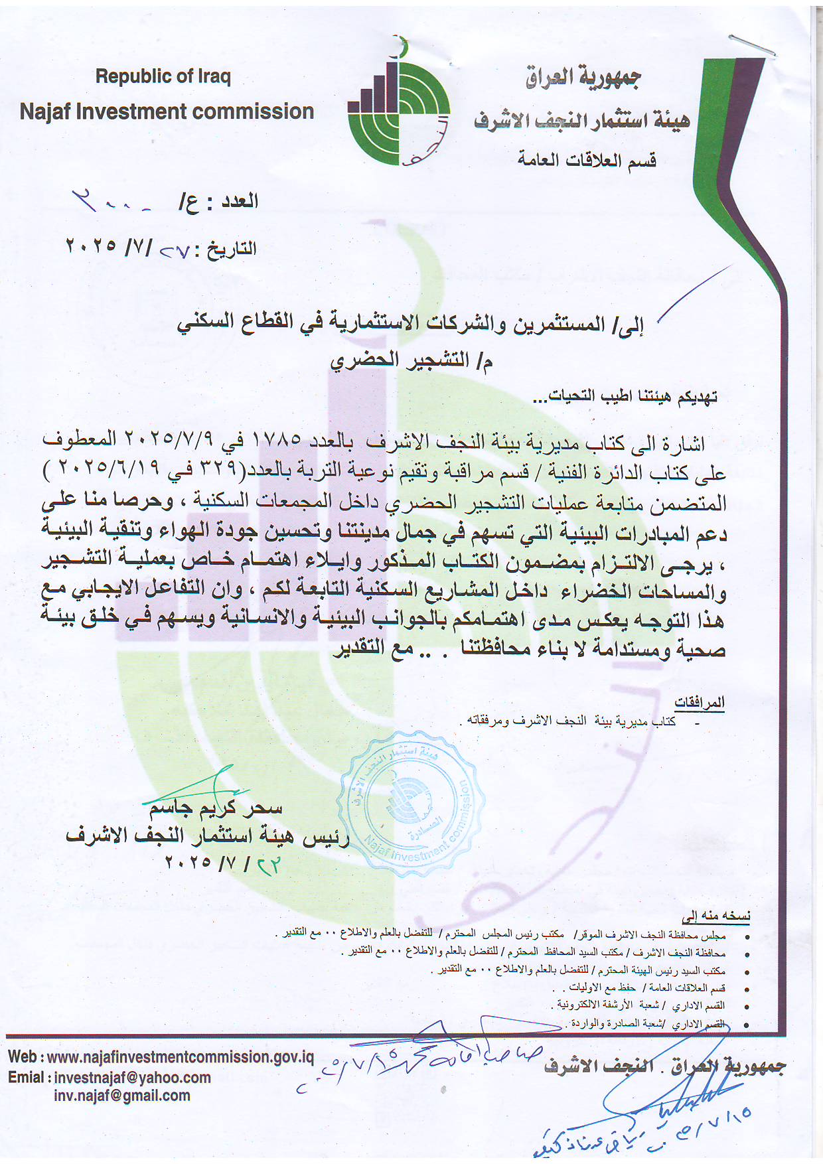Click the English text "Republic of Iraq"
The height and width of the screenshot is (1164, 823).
[x=163, y=76]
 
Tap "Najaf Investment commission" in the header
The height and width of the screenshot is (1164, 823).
[x=167, y=111]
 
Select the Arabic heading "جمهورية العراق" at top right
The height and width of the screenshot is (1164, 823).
[x=583, y=78]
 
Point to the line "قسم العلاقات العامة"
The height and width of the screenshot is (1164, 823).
[x=587, y=160]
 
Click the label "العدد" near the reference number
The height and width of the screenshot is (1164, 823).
[x=239, y=200]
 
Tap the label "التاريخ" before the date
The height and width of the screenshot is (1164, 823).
[x=232, y=250]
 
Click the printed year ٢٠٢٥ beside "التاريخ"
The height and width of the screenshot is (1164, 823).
[x=91, y=246]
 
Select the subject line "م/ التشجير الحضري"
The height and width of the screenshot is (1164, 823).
[x=411, y=361]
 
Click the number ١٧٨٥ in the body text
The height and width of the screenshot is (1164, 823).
[x=277, y=440]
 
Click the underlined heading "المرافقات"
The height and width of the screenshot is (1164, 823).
[x=700, y=702]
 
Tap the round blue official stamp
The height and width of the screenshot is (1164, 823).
[x=411, y=802]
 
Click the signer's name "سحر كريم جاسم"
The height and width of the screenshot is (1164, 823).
[x=216, y=808]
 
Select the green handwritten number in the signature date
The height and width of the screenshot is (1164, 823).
[x=268, y=865]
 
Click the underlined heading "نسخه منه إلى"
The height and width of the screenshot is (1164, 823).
[x=717, y=916]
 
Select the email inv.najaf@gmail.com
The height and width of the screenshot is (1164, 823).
[x=122, y=1096]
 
